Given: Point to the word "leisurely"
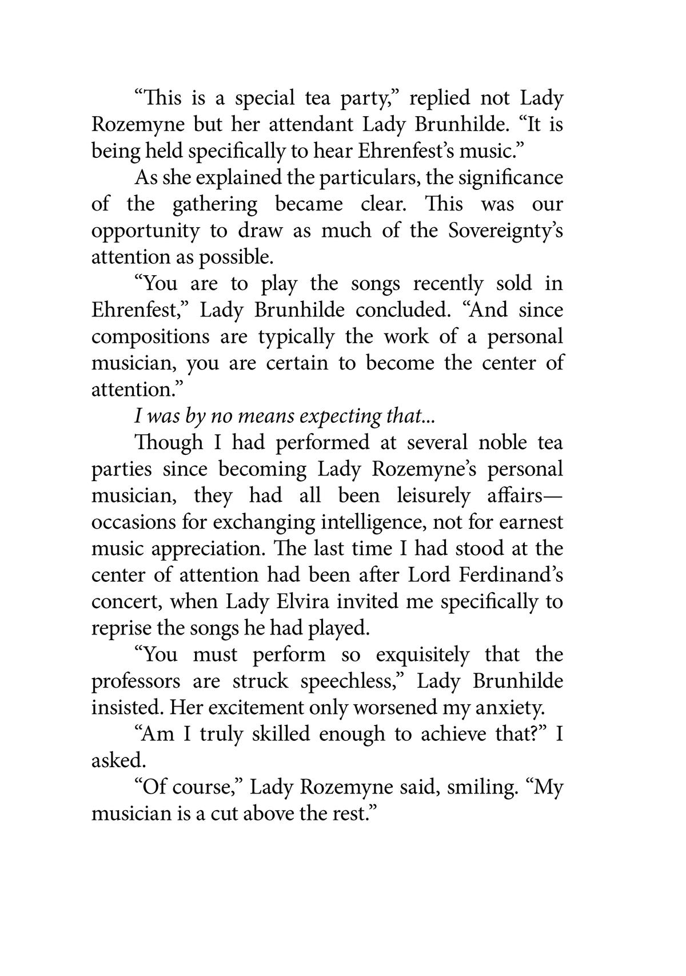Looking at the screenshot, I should coord(433,495).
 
